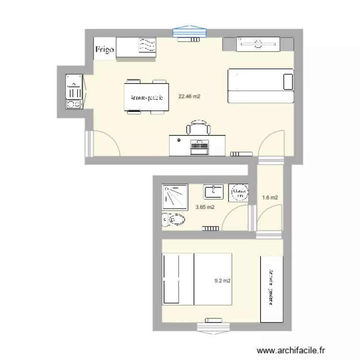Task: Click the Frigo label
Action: pos(104,49)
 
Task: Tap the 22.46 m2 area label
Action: pos(189,96)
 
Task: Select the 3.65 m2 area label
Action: pos(205,207)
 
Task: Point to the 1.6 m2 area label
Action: pos(270,197)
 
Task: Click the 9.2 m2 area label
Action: pos(222,281)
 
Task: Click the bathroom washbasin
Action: pos(213,192)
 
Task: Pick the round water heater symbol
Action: pos(239,193)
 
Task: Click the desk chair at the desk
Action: pos(198,128)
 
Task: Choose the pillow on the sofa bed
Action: pos(288,81)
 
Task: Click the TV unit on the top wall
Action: pos(258,45)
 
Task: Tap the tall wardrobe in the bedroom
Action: pos(271,289)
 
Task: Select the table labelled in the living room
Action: pos(146,97)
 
